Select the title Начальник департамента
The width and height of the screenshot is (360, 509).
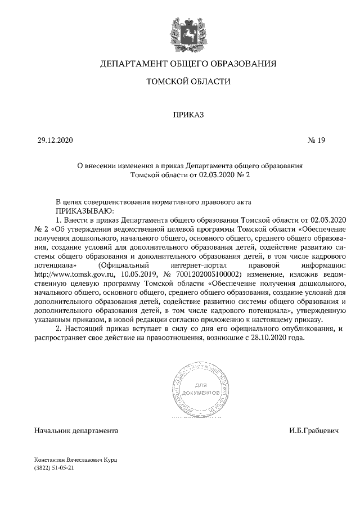[x=76, y=431]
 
